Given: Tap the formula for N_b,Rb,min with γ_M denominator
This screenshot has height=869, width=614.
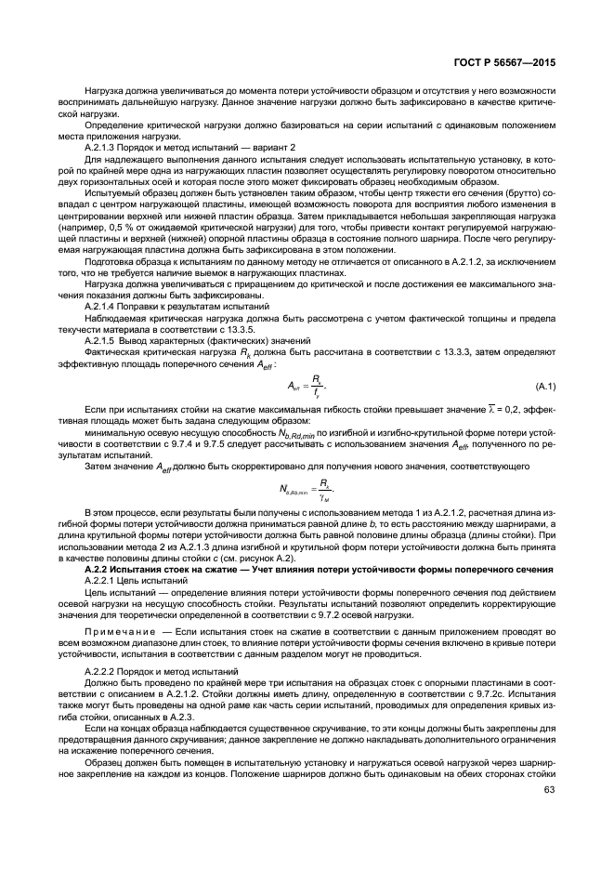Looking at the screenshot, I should pos(307,489).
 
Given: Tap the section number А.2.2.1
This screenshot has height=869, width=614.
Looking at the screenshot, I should pos(107,579).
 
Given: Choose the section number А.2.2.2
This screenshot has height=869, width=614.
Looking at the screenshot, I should pos(107,669).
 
